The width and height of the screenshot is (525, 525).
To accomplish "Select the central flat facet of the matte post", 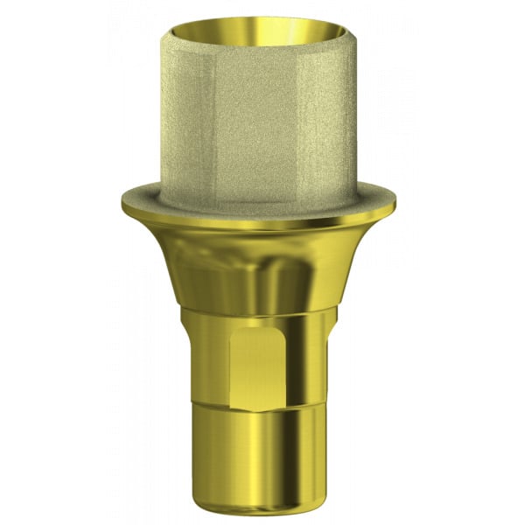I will point(262,122).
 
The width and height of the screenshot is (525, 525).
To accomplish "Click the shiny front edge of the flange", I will point(262,226).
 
